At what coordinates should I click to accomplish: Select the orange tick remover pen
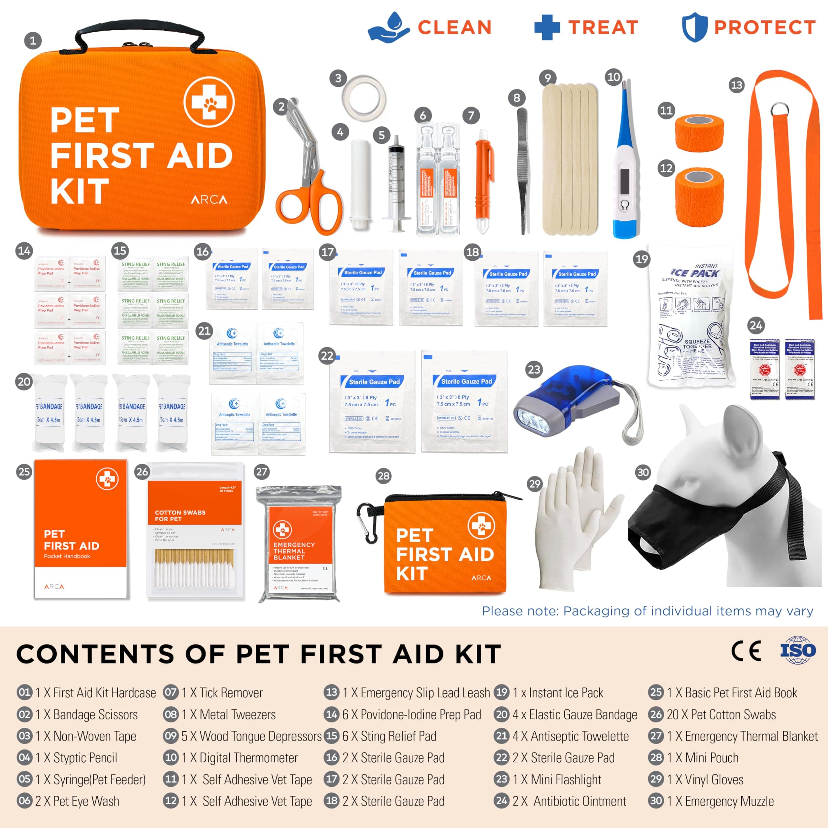[483, 180]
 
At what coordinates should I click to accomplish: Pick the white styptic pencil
[359, 180]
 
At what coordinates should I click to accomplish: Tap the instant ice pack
[691, 317]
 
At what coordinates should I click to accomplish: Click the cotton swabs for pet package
[195, 531]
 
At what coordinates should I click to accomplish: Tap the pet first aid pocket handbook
[81, 529]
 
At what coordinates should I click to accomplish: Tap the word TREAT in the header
[603, 27]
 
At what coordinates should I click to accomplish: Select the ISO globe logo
[798, 650]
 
